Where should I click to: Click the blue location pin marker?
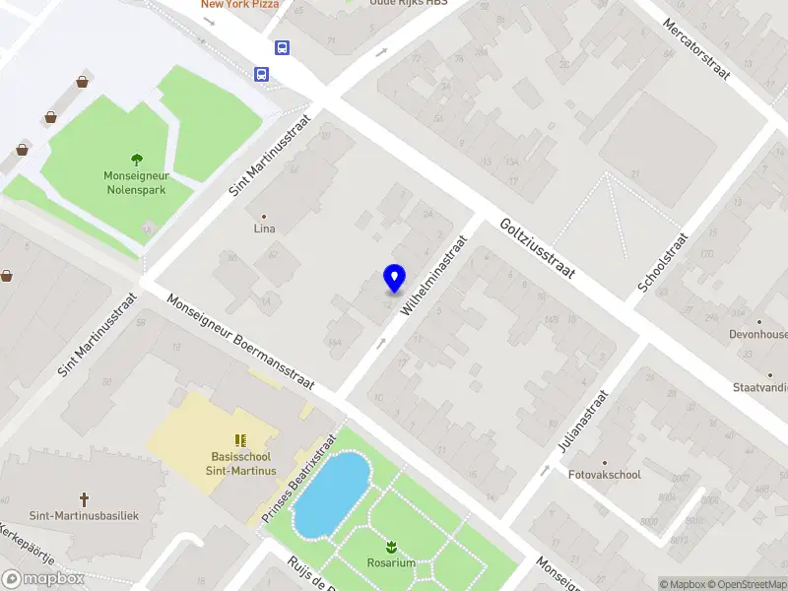pyautogui.click(x=394, y=279)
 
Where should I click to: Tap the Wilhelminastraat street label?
pyautogui.click(x=432, y=275)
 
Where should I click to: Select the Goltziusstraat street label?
pyautogui.click(x=537, y=248)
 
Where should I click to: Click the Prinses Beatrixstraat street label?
pyautogui.click(x=299, y=479)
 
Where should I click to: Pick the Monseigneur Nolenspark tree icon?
pyautogui.click(x=136, y=159)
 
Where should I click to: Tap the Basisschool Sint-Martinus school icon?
pyautogui.click(x=239, y=440)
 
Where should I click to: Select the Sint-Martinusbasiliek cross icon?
pyautogui.click(x=85, y=498)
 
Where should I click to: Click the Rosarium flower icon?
pyautogui.click(x=392, y=546)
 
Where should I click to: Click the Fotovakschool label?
pyautogui.click(x=605, y=475)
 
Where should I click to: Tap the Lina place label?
pyautogui.click(x=264, y=229)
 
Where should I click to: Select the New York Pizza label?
pyautogui.click(x=239, y=5)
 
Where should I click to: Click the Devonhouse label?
pyautogui.click(x=758, y=335)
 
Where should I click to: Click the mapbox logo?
pyautogui.click(x=43, y=579)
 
